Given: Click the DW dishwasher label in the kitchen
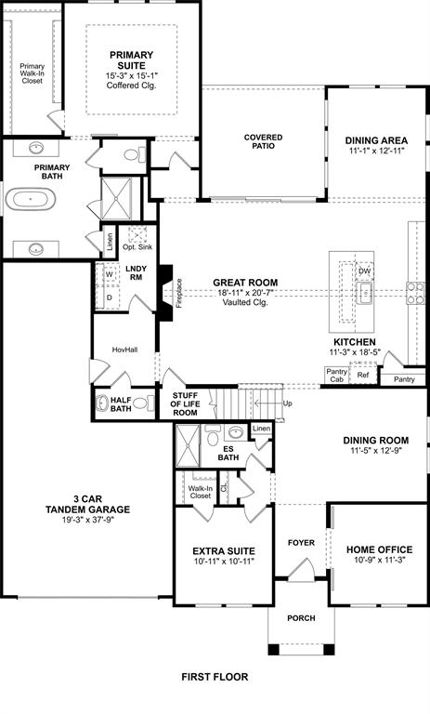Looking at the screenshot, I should point(365,271).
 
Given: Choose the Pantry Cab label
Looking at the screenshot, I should point(336,375).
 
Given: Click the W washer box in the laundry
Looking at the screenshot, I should point(109,275).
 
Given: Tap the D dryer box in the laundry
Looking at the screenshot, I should point(109,297).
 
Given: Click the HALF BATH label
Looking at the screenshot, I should point(121,403).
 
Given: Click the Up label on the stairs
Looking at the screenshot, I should point(287,404).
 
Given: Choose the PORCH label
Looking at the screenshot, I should point(300,618).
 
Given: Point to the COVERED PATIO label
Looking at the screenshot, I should point(263,142).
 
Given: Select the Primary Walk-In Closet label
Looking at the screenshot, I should point(33,73).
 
